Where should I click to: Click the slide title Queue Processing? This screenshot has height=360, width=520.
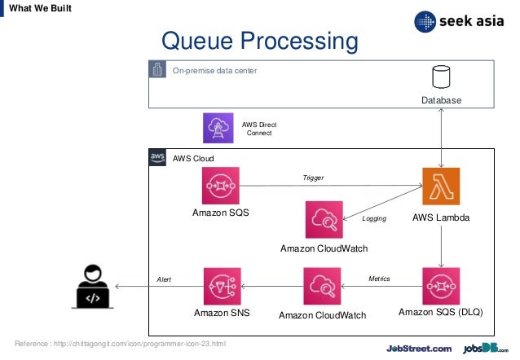(260, 41)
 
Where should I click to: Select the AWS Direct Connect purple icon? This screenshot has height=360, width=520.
(218, 128)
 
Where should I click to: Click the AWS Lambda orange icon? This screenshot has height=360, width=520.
(441, 186)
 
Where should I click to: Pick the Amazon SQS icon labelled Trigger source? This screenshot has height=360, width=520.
(220, 186)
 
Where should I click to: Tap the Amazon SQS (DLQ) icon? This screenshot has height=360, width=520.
(441, 286)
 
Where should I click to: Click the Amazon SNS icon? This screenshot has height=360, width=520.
(220, 286)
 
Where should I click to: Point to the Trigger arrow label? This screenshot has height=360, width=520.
(313, 177)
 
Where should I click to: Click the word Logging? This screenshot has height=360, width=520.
(373, 219)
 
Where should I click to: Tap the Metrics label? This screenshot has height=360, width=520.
(379, 279)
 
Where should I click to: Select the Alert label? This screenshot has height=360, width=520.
(164, 279)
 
